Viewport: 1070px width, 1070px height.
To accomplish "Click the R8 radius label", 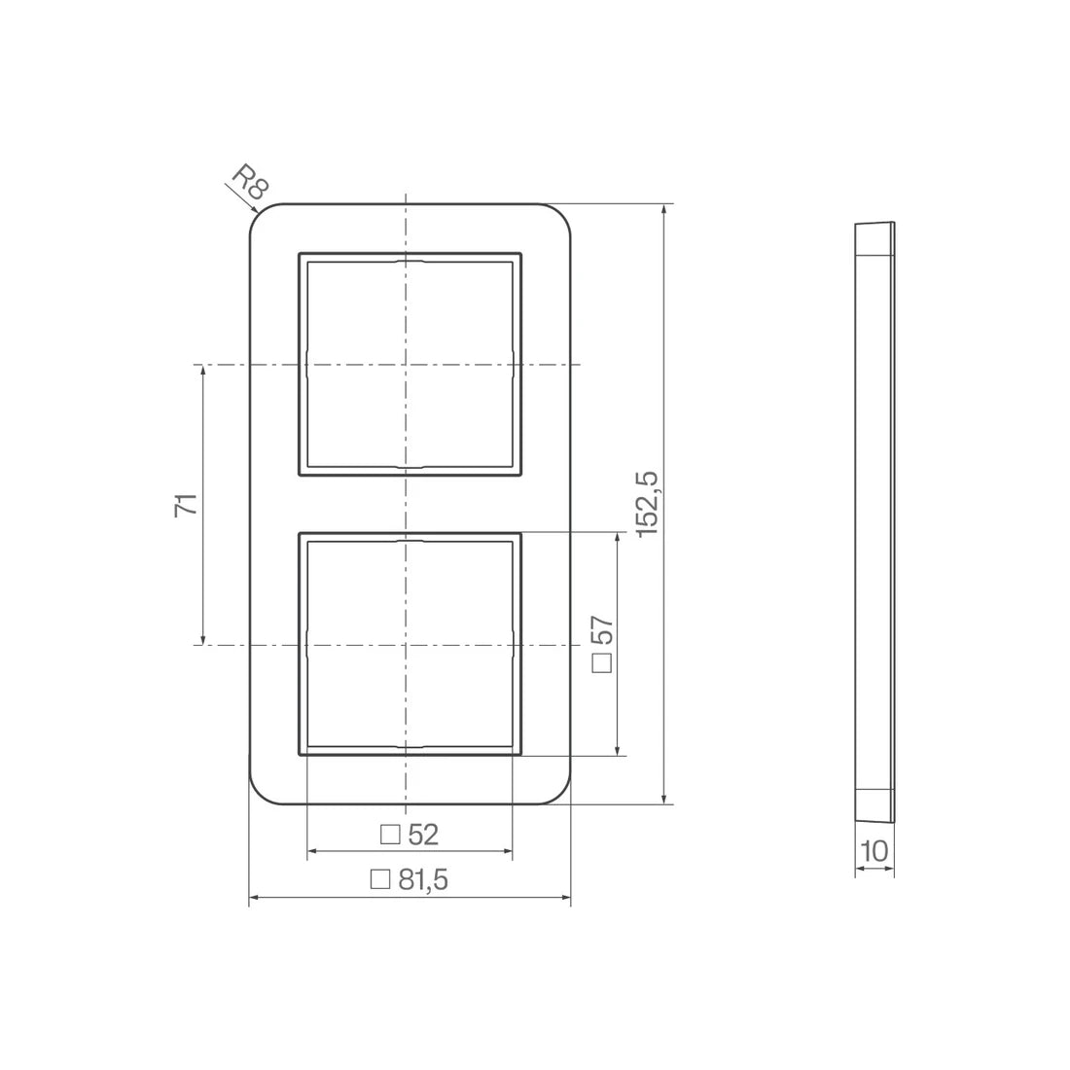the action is [250, 182].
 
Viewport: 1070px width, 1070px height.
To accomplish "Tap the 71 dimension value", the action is [187, 504].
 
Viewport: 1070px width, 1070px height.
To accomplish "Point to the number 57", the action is [602, 631].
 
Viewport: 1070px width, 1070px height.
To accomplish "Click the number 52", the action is [423, 835].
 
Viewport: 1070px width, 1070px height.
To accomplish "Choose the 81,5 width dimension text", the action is [423, 879].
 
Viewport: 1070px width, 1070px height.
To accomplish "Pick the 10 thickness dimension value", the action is [874, 851].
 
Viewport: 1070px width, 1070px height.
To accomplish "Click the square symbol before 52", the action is [390, 835].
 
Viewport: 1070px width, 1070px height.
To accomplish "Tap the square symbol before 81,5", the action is [380, 879].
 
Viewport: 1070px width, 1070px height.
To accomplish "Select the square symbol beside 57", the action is [602, 663].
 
